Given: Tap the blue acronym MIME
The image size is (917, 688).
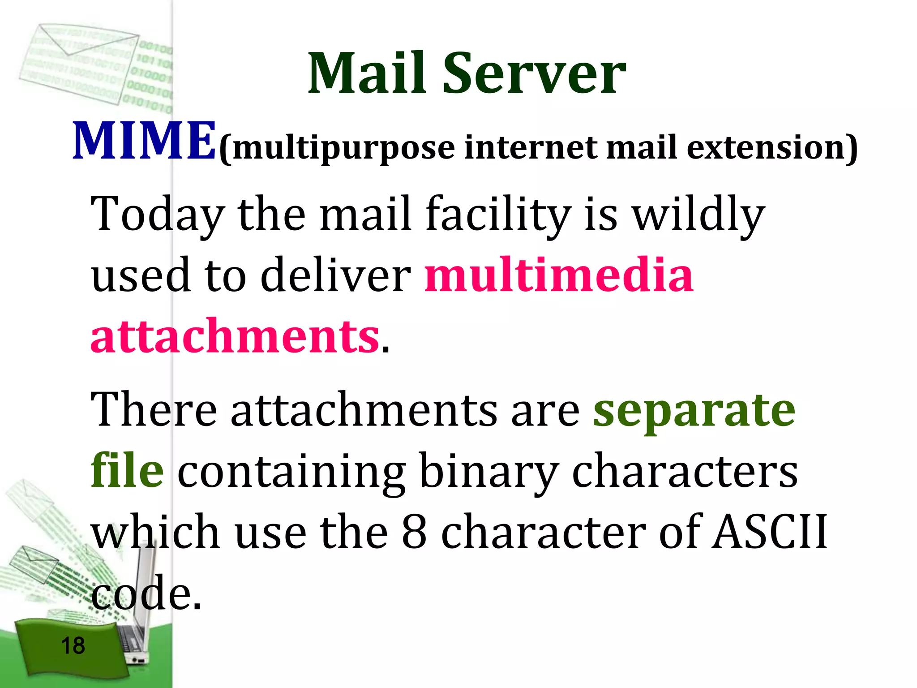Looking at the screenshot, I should point(144,141).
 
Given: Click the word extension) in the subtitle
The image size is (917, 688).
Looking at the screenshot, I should point(772,148).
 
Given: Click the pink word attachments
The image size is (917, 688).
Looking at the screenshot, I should point(235,337).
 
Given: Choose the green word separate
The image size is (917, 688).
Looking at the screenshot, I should point(694,410).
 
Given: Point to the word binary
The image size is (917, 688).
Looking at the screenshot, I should point(490,473).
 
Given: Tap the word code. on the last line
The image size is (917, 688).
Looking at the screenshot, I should point(146,593).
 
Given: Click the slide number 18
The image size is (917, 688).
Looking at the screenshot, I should point(73,646).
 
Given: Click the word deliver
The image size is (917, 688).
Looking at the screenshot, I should point(335,275).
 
